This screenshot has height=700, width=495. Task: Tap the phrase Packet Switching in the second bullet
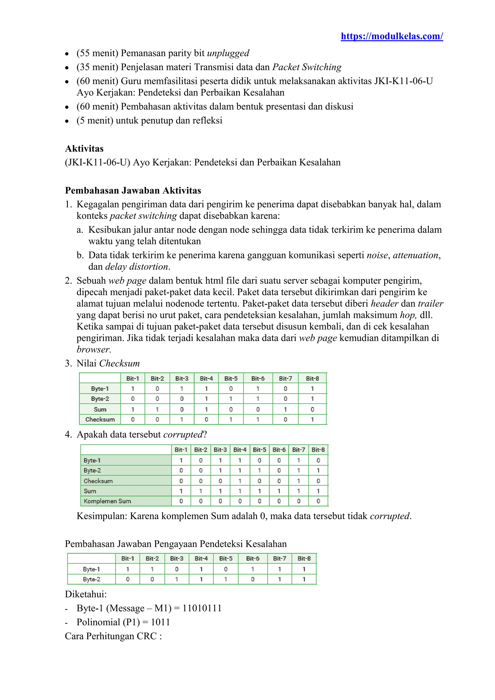307,67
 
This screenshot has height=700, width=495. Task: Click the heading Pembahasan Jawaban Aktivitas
133,190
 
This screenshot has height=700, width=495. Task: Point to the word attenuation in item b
415,255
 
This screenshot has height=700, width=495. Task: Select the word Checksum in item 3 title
119,363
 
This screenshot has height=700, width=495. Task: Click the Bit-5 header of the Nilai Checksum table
231,378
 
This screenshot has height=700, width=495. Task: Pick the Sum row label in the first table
100,409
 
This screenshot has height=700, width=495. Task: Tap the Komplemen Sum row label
107,501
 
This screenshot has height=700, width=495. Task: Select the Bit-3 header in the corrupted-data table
220,450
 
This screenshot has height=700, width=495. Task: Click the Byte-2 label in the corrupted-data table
92,470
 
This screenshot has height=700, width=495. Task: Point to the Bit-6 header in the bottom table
253,559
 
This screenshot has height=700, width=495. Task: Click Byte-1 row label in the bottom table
91,569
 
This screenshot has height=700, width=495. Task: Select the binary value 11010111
202,608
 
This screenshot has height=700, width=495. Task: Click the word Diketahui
86,594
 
